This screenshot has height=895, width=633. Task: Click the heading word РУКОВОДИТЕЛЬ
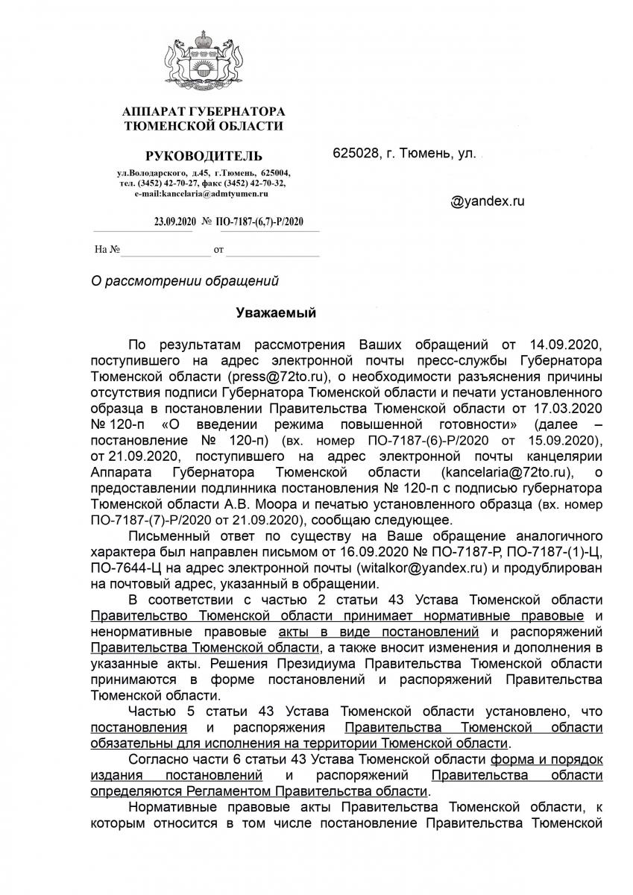tap(204, 156)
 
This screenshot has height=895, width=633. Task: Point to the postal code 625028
tap(356, 154)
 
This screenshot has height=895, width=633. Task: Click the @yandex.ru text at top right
tap(488, 201)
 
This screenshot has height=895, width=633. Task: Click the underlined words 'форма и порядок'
tap(546, 760)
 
